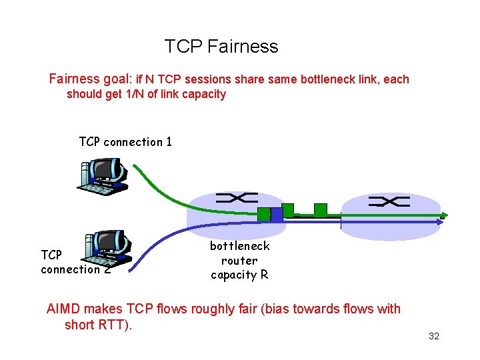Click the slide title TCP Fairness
[221, 47]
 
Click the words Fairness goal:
[91, 79]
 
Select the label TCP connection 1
[125, 142]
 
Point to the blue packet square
[277, 215]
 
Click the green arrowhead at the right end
[443, 215]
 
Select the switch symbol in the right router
[389, 201]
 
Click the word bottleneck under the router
[240, 246]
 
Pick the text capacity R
[240, 275]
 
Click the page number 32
[434, 337]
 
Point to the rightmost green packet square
[321, 210]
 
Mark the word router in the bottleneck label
[239, 261]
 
